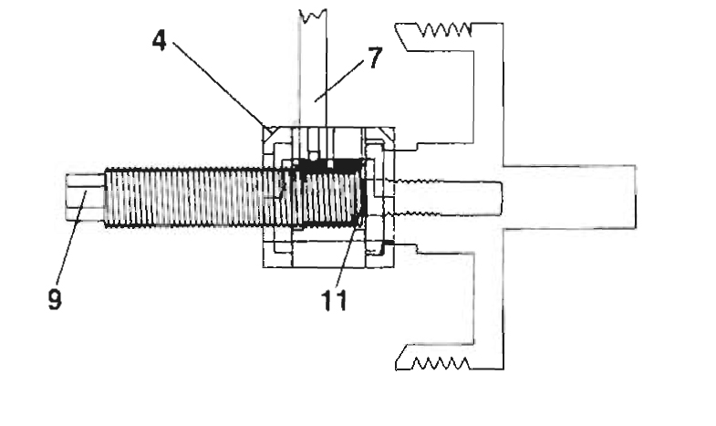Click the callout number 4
160,41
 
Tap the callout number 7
375,58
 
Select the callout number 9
55,300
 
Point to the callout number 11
334,300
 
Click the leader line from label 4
219,84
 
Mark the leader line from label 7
339,81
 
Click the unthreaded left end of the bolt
85,197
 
